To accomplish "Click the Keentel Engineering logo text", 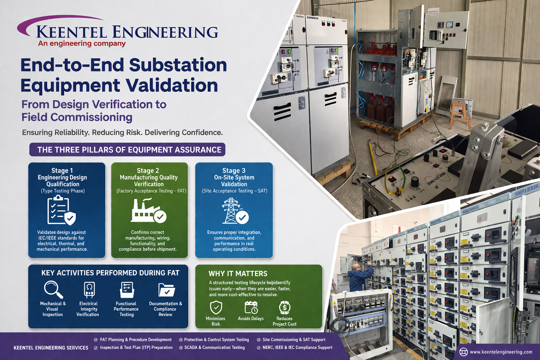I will [x=127, y=32].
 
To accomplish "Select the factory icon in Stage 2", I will [x=148, y=211].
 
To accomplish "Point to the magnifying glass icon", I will [x=53, y=289].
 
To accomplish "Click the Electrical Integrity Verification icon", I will [x=89, y=290].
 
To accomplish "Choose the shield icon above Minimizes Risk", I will [x=216, y=307].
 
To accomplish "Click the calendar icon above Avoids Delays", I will [x=251, y=307].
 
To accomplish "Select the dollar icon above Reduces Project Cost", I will [x=284, y=307].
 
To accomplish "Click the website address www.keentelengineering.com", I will [x=501, y=352].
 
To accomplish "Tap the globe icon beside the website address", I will [x=463, y=352].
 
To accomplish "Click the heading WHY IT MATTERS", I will [x=238, y=274].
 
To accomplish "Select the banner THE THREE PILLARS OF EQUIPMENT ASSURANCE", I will [x=127, y=150].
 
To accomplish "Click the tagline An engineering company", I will [x=82, y=44].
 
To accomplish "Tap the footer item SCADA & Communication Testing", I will [x=214, y=347].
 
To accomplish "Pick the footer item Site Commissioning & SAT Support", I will [x=294, y=340].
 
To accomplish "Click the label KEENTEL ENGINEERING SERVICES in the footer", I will [x=51, y=348].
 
